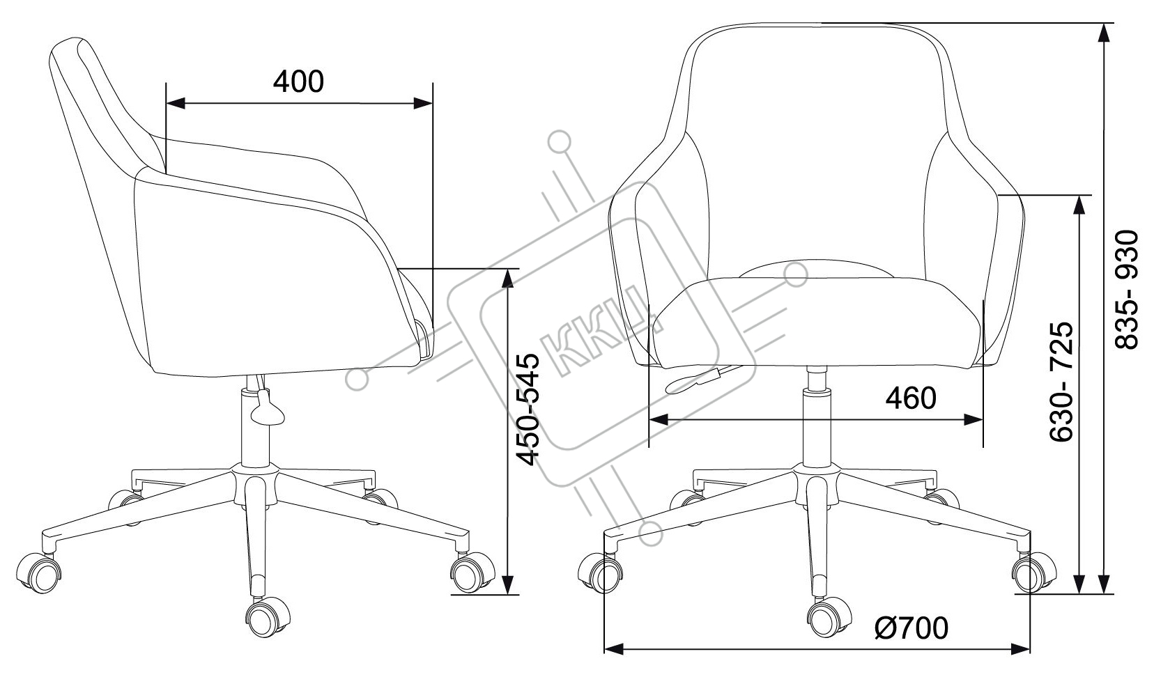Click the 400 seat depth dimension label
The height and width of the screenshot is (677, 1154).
coord(298,81)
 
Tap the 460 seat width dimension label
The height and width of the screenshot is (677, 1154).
coord(911,398)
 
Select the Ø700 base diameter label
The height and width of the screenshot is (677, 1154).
coord(911,628)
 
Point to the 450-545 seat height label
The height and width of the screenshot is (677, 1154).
coord(528,410)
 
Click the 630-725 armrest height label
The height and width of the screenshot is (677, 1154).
coord(1061,382)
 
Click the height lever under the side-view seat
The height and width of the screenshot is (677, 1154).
coord(266,407)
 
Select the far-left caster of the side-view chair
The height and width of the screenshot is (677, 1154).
coord(38,573)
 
